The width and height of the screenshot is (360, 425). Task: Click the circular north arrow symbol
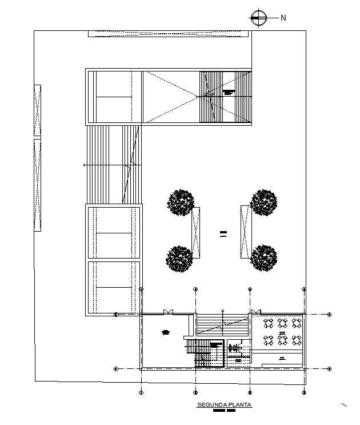click(x=258, y=17)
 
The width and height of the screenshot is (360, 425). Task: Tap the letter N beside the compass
click(x=283, y=18)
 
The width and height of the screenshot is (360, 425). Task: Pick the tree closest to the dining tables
click(x=264, y=257)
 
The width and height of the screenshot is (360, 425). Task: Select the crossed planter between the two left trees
click(x=195, y=232)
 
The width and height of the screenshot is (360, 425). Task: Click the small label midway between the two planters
click(x=223, y=233)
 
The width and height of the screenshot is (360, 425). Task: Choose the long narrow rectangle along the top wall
click(x=170, y=34)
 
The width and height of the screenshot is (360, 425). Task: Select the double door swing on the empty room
click(x=168, y=311)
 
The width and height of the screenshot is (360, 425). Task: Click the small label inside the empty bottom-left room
click(x=166, y=332)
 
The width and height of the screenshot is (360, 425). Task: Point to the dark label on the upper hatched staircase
click(x=229, y=92)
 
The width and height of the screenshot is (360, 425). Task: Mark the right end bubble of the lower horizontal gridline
click(x=330, y=369)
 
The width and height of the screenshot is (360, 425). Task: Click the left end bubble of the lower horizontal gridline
click(x=116, y=369)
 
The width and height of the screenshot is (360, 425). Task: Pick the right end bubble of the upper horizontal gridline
click(x=330, y=314)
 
